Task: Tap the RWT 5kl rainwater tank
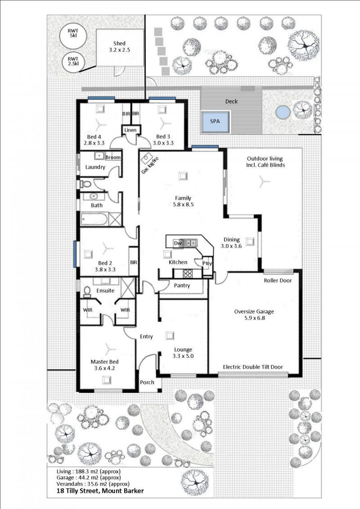point(73,33)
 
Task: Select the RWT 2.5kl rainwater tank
point(73,61)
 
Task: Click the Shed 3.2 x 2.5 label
point(119,46)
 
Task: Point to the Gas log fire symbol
point(148,158)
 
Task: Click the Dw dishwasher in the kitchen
point(177,243)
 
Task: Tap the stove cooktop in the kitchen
point(187,274)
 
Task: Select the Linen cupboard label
point(130,130)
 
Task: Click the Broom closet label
point(113,158)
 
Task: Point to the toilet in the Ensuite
point(87,292)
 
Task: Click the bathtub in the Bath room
point(94,220)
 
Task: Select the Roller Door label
point(278,280)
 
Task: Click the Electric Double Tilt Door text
point(253,367)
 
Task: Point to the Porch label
point(147,383)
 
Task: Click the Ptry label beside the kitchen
point(207,263)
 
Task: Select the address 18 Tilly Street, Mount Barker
point(100,491)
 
